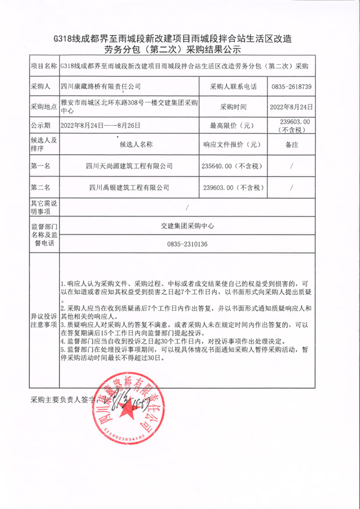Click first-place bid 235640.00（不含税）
pos(233,166)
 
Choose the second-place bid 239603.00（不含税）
pos(233,187)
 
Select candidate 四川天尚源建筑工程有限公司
pos(129,166)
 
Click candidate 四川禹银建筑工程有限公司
pos(129,187)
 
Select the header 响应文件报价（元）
pos(233,144)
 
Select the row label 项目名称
pos(43,66)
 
